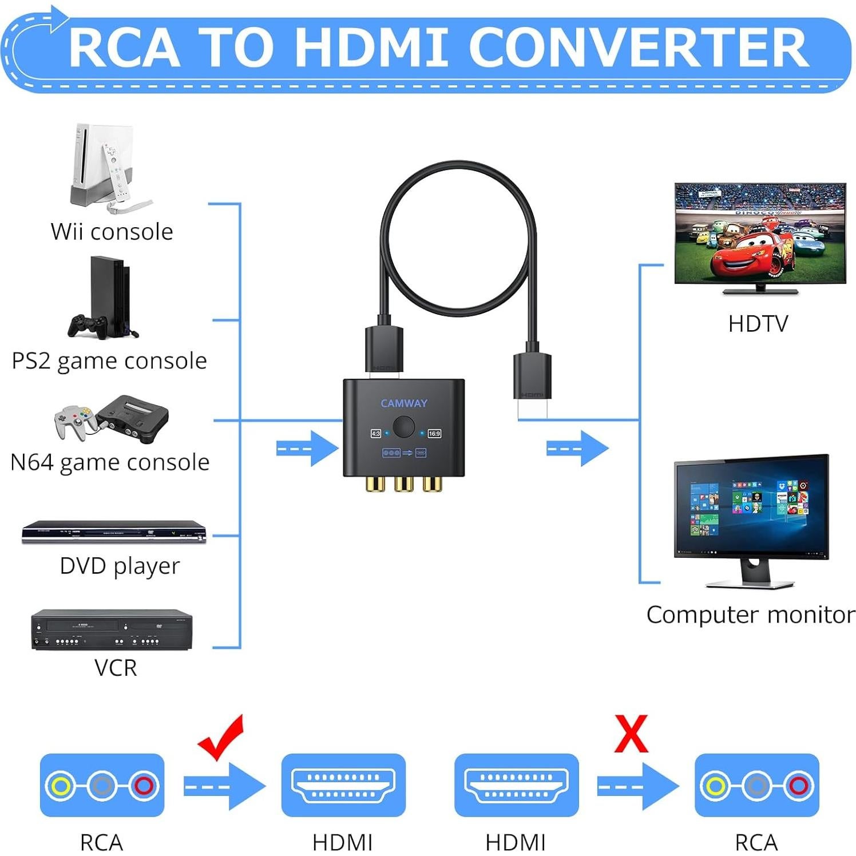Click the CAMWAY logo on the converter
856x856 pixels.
(x=403, y=403)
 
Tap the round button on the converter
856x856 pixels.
(x=404, y=427)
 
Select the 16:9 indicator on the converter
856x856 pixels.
(x=434, y=434)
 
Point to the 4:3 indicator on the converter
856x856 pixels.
(x=376, y=434)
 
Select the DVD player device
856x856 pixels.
(x=113, y=532)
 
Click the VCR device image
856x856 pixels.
(x=112, y=630)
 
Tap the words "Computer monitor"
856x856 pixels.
(x=750, y=615)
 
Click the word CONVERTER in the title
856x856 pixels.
(x=641, y=48)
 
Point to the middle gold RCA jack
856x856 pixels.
(x=403, y=485)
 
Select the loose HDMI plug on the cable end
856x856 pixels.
(x=532, y=383)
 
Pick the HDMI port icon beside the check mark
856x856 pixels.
(x=343, y=785)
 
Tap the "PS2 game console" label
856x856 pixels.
(x=109, y=361)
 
